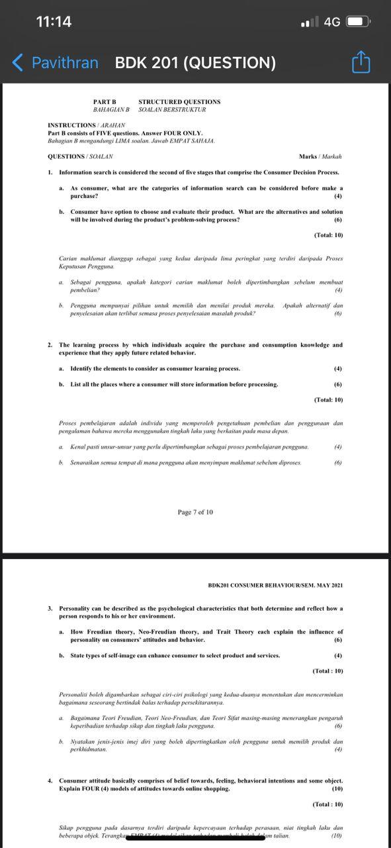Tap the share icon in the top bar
(x=361, y=63)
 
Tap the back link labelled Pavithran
(x=56, y=63)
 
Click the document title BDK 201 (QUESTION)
(x=195, y=63)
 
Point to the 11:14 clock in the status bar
(x=54, y=21)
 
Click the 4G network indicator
(x=332, y=22)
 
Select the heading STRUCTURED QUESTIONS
(x=179, y=101)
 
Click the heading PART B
(x=105, y=101)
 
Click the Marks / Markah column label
(x=320, y=156)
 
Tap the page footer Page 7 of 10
(x=195, y=512)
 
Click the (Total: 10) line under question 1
(x=328, y=235)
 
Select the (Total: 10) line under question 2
(x=328, y=399)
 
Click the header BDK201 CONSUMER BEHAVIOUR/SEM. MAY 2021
(x=275, y=585)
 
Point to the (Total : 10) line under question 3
(x=327, y=671)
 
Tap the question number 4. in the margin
(x=50, y=780)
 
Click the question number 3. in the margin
(x=50, y=608)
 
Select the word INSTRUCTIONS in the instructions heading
(x=71, y=125)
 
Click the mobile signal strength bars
(x=309, y=22)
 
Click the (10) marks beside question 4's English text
(x=337, y=788)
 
